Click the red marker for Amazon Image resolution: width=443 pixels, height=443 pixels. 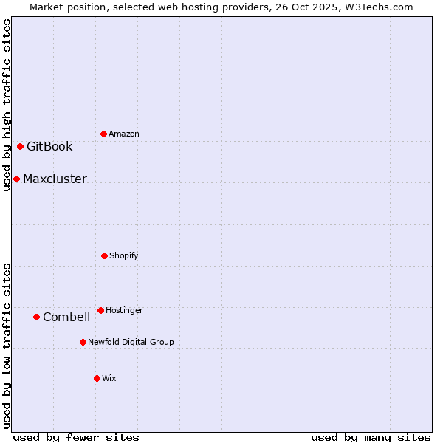point(103,134)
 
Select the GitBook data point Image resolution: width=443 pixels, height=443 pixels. point(20,146)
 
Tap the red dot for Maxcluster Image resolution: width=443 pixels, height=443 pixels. point(16,179)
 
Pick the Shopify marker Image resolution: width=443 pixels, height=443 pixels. point(104,255)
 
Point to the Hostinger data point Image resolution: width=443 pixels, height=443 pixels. point(100,310)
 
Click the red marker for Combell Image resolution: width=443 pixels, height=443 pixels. point(36,317)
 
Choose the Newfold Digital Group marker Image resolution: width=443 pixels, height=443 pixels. point(83,342)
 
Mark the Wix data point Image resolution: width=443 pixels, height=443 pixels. point(97,378)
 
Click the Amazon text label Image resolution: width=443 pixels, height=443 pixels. point(124,134)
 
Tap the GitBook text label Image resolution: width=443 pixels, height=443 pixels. point(49,146)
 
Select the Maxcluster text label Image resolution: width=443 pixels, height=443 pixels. point(55,179)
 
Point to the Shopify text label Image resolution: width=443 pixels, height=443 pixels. point(124,255)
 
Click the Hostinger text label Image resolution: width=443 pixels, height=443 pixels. point(124,310)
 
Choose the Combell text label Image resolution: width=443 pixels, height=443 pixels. point(66,317)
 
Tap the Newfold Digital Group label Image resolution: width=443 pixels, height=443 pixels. point(131,342)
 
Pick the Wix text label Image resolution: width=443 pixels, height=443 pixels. point(109,378)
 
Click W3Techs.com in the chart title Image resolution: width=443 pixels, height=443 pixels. point(377,7)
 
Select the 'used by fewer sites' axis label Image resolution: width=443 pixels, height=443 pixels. point(76,437)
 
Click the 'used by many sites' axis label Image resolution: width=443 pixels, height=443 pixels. point(371,437)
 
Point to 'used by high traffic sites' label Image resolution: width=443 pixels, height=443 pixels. point(7,105)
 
